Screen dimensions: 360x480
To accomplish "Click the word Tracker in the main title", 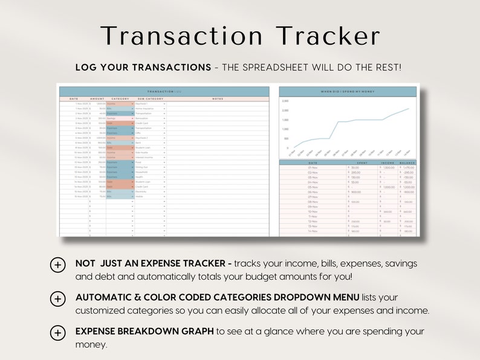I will [328, 36].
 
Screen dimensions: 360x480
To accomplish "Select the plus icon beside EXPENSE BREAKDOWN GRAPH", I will [58, 332].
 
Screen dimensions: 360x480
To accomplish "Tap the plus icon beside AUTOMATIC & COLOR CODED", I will [58, 298].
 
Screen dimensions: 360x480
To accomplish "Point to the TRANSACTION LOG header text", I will [164, 91].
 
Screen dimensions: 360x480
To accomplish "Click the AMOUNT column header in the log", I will [97, 98].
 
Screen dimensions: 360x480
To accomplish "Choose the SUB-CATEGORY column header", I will [150, 98].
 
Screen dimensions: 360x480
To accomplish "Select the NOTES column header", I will [217, 98].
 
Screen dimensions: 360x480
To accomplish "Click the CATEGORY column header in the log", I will [120, 98].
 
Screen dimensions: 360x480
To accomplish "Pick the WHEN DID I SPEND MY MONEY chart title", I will [348, 91].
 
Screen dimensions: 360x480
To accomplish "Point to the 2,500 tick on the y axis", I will [285, 101].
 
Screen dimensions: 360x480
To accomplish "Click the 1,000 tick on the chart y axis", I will [285, 129].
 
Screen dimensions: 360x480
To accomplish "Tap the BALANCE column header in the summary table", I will [407, 163].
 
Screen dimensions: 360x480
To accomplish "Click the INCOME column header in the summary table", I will [387, 163].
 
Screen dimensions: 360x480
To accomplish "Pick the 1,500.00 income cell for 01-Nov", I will [388, 168].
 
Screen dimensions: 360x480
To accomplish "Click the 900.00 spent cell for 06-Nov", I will [356, 192].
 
